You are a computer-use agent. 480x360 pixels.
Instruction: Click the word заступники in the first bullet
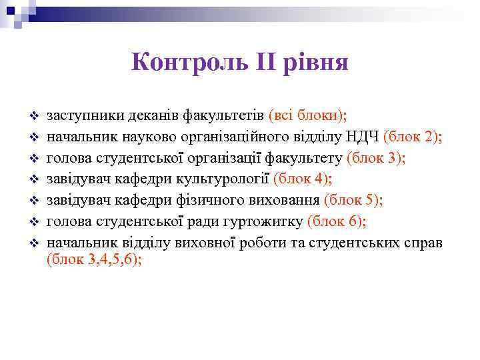(80, 115)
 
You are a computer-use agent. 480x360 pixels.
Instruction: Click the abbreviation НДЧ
(363, 137)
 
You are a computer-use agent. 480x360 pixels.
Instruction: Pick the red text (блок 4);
(303, 178)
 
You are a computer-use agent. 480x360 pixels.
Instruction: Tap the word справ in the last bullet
(423, 241)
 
